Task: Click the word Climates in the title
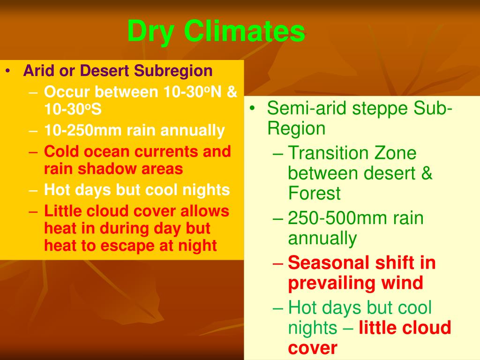tap(244, 31)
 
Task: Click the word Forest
tap(314, 194)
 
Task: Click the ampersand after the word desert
tap(426, 173)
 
